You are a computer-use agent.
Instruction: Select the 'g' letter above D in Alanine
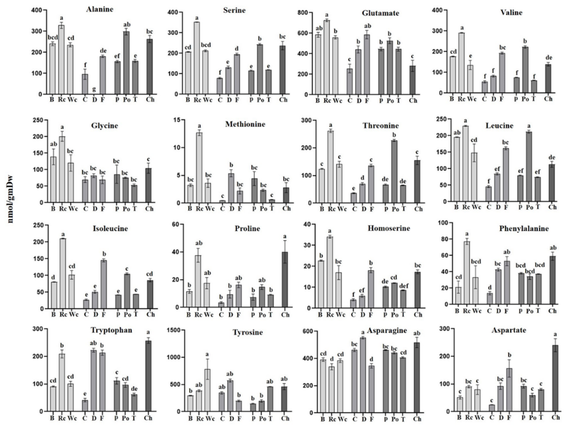point(94,89)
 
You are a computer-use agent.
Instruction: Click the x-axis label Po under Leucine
point(530,207)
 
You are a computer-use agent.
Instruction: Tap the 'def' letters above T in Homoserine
point(403,286)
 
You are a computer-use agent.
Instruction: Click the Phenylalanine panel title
point(524,229)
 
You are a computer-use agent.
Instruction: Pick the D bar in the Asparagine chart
point(363,375)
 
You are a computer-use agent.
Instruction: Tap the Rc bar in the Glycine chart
point(62,169)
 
